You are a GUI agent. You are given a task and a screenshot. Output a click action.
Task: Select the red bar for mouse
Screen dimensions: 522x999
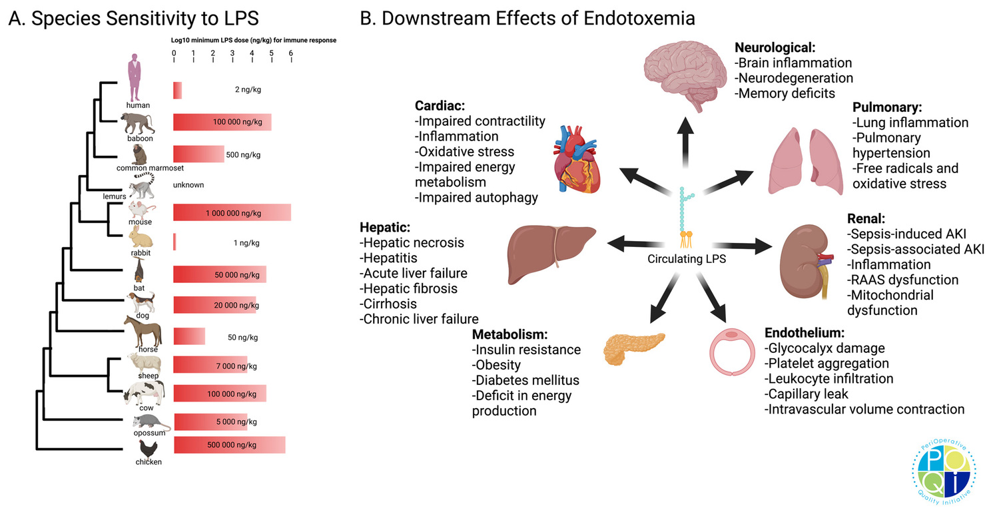point(231,213)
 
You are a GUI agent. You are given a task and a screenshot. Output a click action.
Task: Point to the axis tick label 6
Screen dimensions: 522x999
point(290,53)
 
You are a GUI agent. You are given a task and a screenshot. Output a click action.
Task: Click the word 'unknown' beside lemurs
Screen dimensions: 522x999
point(188,184)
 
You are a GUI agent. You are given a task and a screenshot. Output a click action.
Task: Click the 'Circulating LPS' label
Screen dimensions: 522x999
point(687,260)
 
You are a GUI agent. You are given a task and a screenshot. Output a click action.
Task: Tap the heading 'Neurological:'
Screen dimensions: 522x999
point(775,48)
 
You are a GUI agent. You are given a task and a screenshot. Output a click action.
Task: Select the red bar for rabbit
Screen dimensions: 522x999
point(174,242)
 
